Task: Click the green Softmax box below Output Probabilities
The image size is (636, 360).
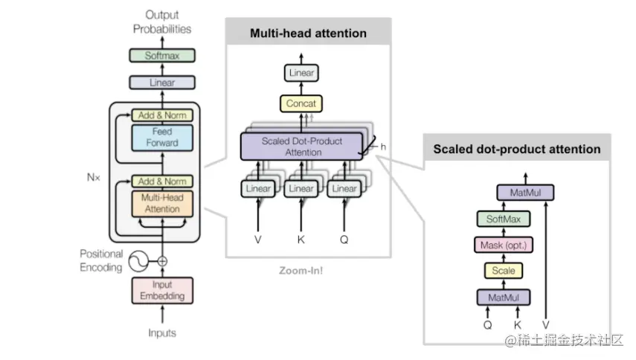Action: (x=161, y=55)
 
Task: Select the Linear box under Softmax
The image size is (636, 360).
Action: (x=161, y=83)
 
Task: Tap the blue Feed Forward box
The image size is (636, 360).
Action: (x=161, y=138)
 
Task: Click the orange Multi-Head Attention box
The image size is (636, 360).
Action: (x=161, y=204)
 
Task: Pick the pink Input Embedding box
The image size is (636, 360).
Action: (x=161, y=291)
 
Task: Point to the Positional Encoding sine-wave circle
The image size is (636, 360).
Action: (x=139, y=261)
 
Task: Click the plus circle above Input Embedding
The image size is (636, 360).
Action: (x=161, y=261)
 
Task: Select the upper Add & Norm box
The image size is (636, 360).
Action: (x=161, y=115)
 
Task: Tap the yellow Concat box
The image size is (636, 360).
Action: (x=301, y=103)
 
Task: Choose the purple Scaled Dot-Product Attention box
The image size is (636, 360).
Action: (x=302, y=146)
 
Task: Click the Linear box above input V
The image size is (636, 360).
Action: (x=258, y=189)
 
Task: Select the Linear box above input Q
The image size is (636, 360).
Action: (x=344, y=189)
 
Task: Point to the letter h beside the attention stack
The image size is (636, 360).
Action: (x=383, y=147)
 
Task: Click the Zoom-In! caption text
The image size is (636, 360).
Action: (x=301, y=271)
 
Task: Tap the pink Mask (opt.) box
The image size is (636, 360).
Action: (x=504, y=245)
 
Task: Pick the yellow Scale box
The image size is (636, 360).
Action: (x=504, y=271)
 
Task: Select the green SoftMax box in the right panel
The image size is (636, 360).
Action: (x=504, y=219)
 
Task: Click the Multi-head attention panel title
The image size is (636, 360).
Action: (x=308, y=33)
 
